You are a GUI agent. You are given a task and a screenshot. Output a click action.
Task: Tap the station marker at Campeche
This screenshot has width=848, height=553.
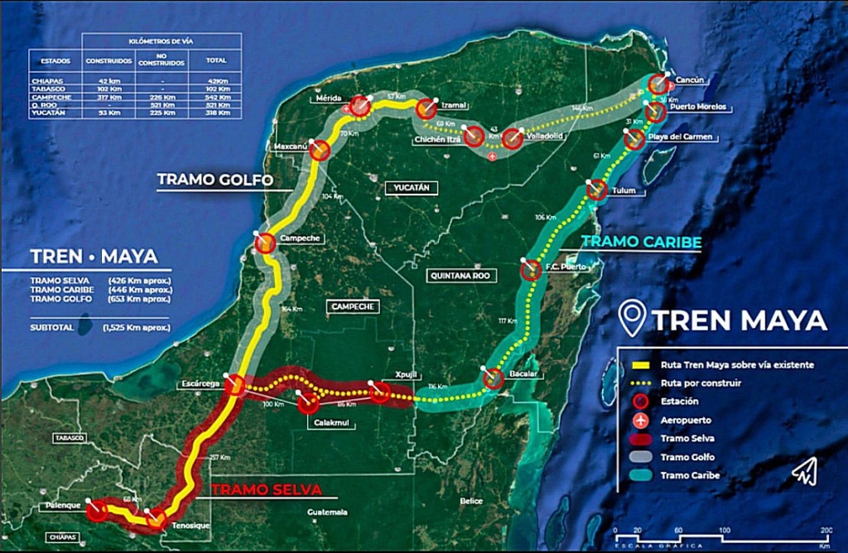[265, 243]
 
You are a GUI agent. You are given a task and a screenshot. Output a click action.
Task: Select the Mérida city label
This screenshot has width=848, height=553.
[329, 99]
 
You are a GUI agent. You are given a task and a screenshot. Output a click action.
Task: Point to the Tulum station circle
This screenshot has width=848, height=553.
[597, 190]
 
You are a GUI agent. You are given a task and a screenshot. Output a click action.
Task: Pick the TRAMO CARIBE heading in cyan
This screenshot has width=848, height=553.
[641, 242]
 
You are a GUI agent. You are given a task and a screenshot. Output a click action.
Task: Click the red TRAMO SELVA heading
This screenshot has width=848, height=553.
[266, 489]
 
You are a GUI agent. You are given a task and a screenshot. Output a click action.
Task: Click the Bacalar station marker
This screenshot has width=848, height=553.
[494, 379]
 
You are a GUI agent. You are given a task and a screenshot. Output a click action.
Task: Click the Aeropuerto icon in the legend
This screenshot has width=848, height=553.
[638, 421]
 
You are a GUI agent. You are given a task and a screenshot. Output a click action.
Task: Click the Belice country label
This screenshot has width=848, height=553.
[471, 501]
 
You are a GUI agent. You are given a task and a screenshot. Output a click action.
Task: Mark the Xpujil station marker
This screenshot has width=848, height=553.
[380, 392]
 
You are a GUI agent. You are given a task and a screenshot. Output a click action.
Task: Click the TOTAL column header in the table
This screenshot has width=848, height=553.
[215, 60]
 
